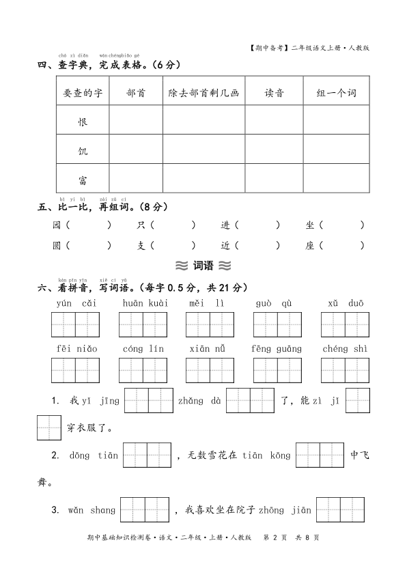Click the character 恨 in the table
coord(83,122)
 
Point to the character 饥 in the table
coord(83,151)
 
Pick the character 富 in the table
coord(83,180)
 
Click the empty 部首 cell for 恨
coord(136,122)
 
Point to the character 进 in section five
coord(225,225)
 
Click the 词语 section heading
coord(203,266)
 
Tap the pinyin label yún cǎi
coord(76,303)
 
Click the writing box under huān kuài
coord(143,324)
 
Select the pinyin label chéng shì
coord(345,349)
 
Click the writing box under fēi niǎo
coord(76,370)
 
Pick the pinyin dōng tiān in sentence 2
coord(93,455)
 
